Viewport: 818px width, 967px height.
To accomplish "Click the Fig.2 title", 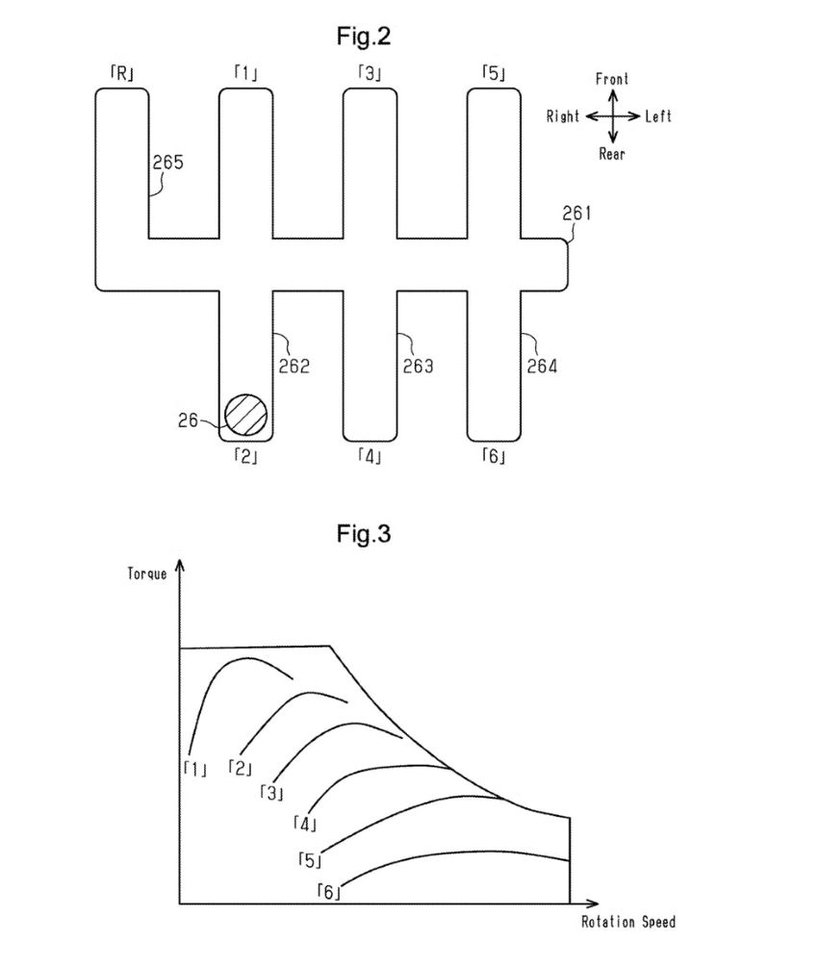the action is click(x=364, y=37).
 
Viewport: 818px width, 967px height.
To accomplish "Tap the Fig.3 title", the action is click(x=364, y=533).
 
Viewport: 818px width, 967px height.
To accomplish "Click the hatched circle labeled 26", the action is click(x=246, y=415).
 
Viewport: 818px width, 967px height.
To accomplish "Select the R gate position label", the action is click(x=122, y=74).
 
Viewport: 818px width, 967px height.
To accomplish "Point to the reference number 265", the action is click(x=167, y=163).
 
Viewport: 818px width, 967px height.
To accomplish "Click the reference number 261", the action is click(x=576, y=214).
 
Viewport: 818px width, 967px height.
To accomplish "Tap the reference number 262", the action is click(x=294, y=367).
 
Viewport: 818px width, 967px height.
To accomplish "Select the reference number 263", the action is click(x=419, y=367).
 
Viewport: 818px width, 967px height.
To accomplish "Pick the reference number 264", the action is click(x=542, y=367).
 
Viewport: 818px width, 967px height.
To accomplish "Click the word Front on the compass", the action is click(x=612, y=79).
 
